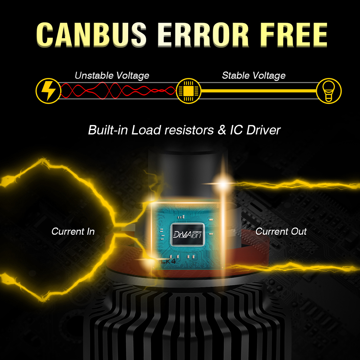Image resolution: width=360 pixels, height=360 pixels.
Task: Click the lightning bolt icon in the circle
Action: (x=47, y=91)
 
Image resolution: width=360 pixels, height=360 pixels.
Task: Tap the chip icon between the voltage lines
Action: (x=187, y=91)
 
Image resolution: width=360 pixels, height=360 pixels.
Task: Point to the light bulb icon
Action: (x=329, y=91)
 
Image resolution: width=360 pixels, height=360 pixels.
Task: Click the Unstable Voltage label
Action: (x=112, y=75)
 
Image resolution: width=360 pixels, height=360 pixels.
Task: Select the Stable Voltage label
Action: (x=254, y=75)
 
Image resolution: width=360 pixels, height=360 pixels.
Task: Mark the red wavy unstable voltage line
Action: (x=119, y=90)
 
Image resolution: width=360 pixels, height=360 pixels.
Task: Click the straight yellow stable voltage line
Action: (x=259, y=91)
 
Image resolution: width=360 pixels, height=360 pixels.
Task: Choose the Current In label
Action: (x=73, y=231)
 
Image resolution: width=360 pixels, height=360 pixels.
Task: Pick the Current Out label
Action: (x=281, y=231)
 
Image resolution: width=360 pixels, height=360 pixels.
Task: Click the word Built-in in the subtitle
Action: (x=108, y=130)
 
